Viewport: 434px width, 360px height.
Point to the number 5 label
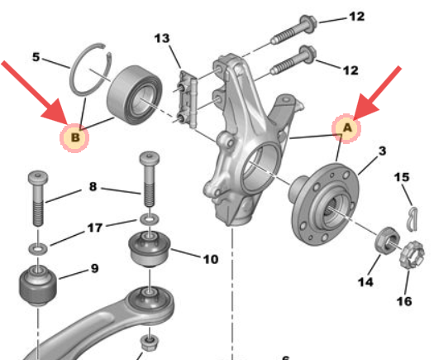(x=36, y=58)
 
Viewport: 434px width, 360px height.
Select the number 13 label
(x=161, y=39)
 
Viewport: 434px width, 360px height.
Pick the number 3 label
(x=382, y=151)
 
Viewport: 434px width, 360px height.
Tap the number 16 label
(x=404, y=300)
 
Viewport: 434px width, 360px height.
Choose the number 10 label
(x=210, y=259)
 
